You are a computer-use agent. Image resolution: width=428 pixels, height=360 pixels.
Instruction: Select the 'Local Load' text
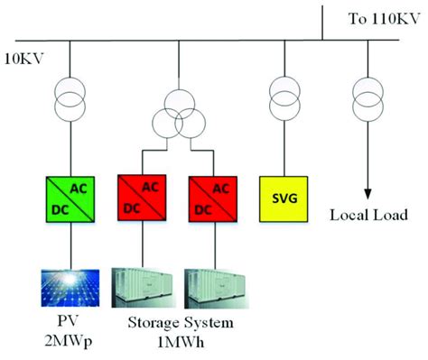click(368, 216)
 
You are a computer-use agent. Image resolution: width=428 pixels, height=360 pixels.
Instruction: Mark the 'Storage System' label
click(181, 324)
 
